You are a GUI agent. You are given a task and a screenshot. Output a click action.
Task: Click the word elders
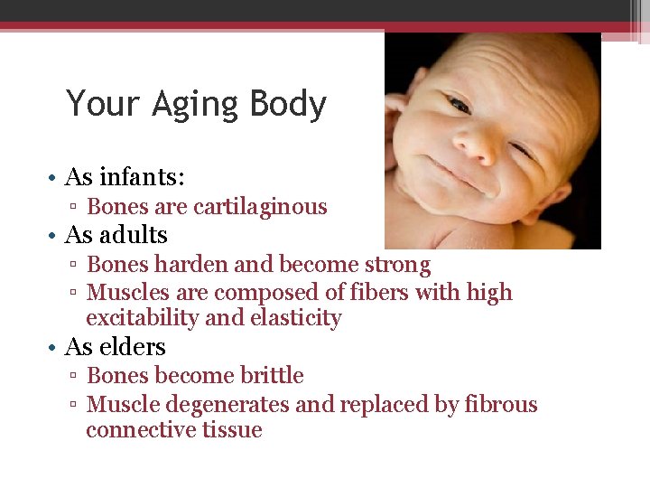pos(133,347)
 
